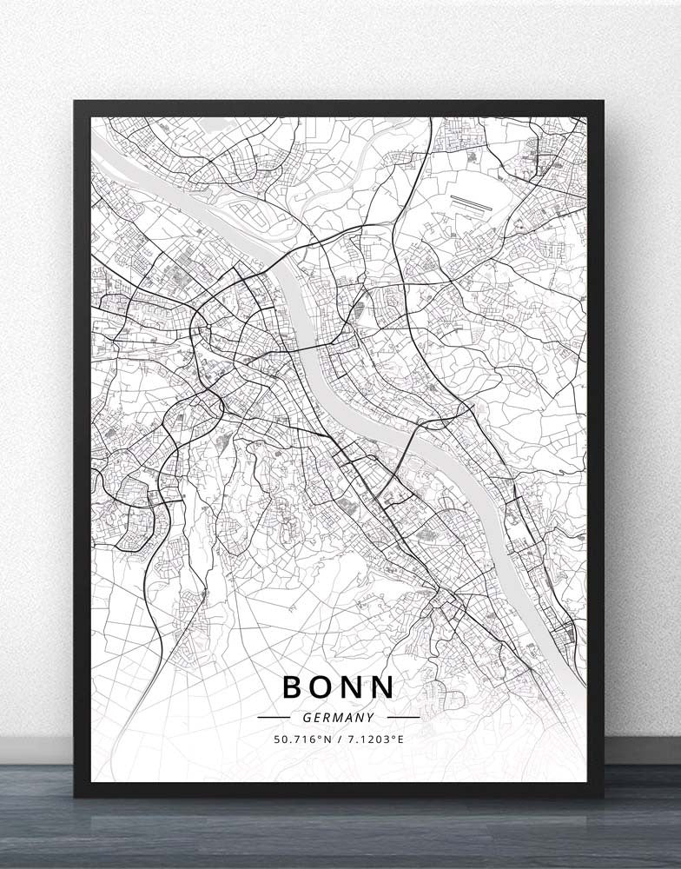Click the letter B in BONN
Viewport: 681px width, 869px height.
294,687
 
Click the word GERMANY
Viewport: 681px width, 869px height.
339,718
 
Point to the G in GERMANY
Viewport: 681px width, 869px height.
307,718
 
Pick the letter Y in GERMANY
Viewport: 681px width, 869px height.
371,718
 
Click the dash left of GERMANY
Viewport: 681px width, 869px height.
274,718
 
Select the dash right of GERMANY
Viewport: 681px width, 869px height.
403,718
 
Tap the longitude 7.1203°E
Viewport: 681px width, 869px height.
374,740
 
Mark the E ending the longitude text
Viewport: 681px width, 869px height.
400,740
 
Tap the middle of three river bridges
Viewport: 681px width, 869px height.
307,351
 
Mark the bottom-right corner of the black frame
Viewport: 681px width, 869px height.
602,795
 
